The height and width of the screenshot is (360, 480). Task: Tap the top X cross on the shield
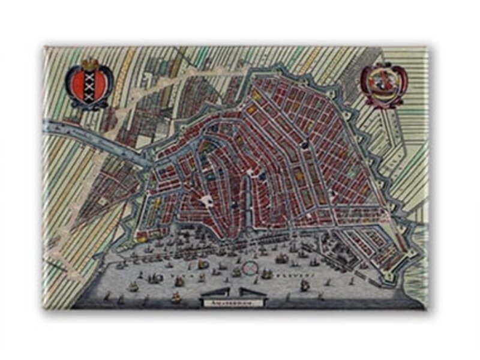click(x=89, y=75)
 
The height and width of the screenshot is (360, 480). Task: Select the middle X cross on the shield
click(x=89, y=85)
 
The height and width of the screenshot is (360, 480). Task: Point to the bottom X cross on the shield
click(x=89, y=94)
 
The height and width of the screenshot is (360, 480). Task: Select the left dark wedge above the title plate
click(x=216, y=292)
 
